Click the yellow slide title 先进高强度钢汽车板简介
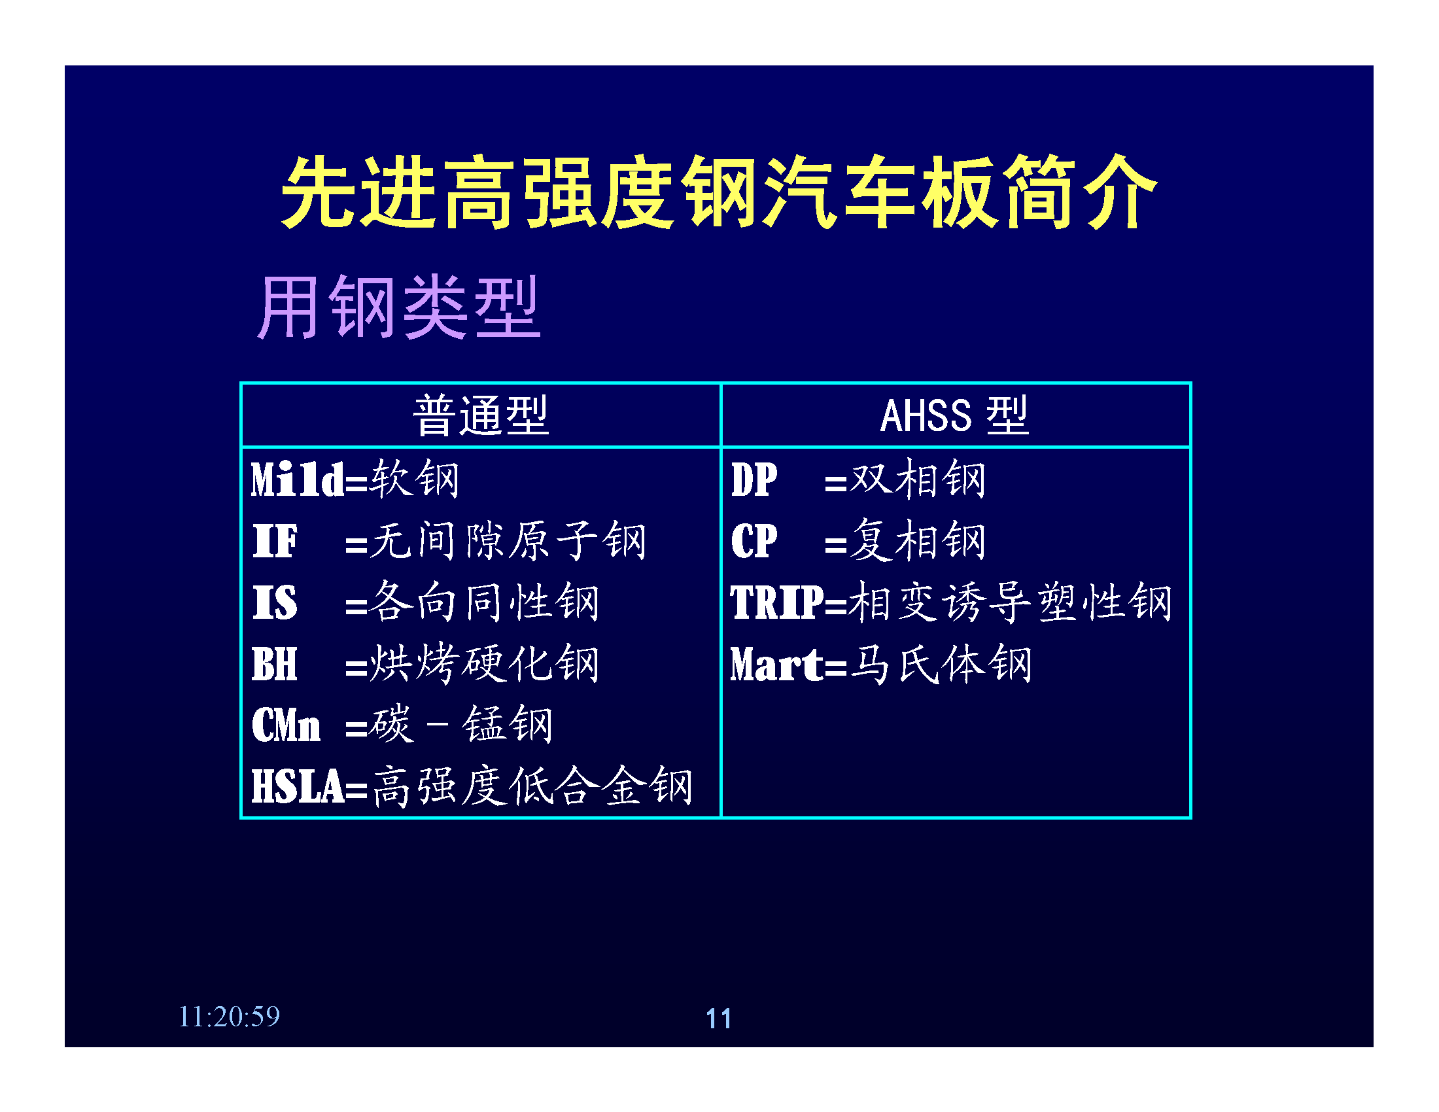click(719, 192)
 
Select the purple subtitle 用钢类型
click(398, 307)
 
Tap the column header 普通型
click(481, 415)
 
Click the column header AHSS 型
click(955, 415)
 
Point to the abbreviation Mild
click(297, 479)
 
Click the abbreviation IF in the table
click(275, 541)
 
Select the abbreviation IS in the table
click(275, 602)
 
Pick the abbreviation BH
click(274, 664)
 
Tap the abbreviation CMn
click(286, 725)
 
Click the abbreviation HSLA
click(298, 786)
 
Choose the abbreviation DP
click(754, 479)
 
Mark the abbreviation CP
click(754, 541)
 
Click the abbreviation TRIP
click(778, 602)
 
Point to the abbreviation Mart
click(778, 664)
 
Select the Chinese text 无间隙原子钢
click(508, 541)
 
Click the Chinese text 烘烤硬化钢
click(484, 663)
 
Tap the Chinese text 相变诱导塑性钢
click(1011, 602)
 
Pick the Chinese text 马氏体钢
click(941, 663)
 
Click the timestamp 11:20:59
click(230, 1016)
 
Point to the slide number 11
click(719, 1018)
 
